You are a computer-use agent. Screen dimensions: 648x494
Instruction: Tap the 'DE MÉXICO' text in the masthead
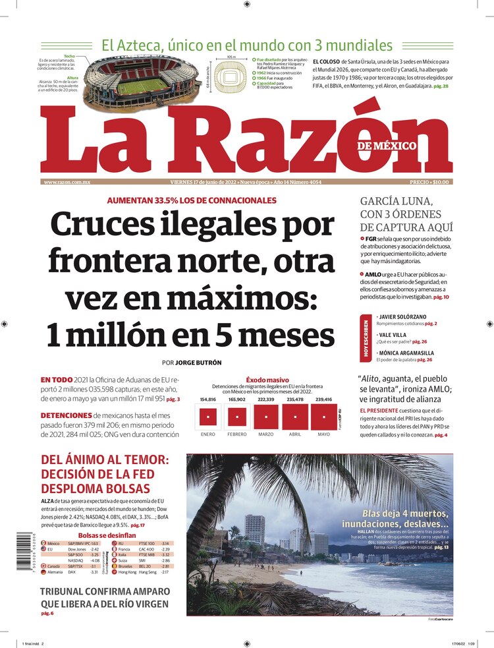click(x=387, y=146)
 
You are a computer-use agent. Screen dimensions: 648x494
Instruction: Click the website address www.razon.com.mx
click(x=67, y=181)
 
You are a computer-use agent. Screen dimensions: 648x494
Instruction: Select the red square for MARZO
click(x=266, y=417)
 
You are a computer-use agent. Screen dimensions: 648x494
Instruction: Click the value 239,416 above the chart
click(x=323, y=399)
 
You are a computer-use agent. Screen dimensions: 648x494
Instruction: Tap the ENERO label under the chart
click(x=207, y=434)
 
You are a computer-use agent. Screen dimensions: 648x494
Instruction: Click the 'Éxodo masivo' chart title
click(x=267, y=380)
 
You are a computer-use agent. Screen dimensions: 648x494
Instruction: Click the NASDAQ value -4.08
click(x=95, y=560)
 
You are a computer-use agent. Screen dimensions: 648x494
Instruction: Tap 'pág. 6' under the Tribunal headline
click(x=47, y=614)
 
